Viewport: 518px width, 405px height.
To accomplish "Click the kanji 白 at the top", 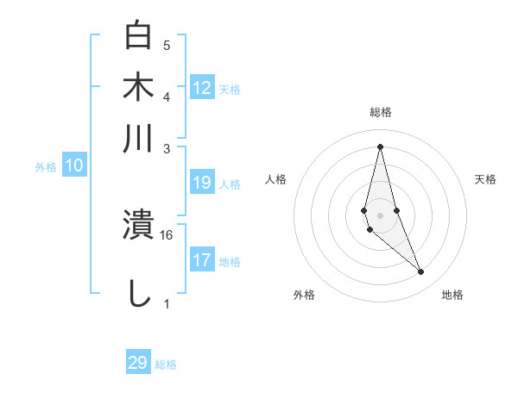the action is click(x=138, y=35).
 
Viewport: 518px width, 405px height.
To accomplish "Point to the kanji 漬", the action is click(x=138, y=226).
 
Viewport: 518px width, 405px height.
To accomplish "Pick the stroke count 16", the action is click(x=167, y=234).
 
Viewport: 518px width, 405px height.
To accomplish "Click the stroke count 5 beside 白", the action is click(x=167, y=45).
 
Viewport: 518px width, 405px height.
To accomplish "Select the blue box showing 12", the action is click(x=202, y=87).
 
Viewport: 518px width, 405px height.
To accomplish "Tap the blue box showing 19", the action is click(x=202, y=183).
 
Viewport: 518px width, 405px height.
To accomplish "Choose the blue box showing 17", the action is click(x=202, y=260).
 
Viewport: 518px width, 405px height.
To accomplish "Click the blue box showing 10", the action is click(x=73, y=166).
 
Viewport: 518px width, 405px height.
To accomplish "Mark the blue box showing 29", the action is click(x=138, y=363).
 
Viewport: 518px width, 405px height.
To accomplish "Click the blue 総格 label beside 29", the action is click(x=166, y=364).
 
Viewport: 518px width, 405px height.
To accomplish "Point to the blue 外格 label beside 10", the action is click(x=46, y=168).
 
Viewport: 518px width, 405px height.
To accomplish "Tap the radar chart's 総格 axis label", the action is click(x=381, y=113).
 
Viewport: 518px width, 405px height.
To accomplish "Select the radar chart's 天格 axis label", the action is click(x=485, y=179).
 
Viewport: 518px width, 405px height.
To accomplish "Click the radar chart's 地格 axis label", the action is click(x=452, y=296).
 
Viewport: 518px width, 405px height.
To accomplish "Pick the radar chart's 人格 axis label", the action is click(x=276, y=179).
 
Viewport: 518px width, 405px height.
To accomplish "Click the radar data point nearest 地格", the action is click(x=421, y=272).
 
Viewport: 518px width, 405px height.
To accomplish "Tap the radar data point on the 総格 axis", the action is click(x=380, y=146).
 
